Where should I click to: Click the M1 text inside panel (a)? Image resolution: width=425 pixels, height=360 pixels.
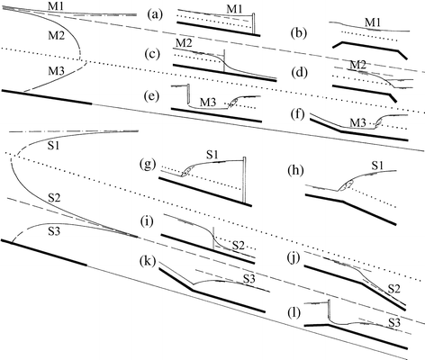point(235,9)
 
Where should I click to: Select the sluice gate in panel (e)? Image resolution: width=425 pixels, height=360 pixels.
point(185,94)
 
